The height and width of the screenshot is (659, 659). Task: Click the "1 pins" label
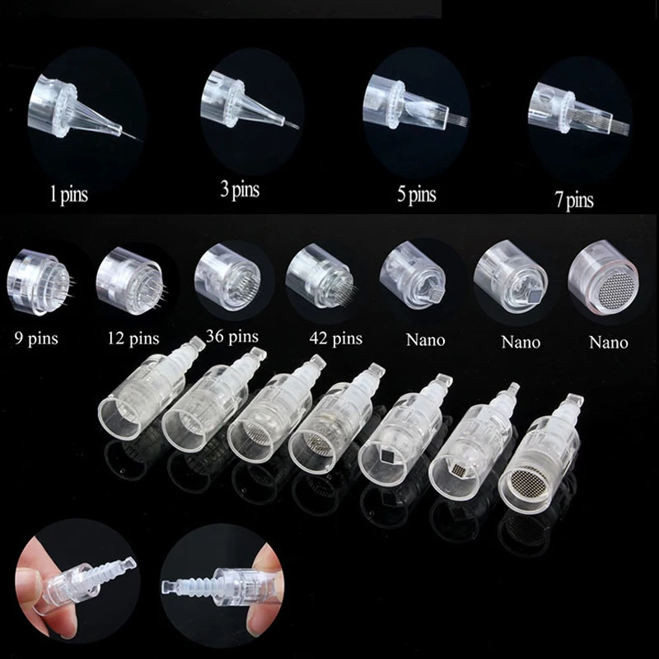click(x=68, y=195)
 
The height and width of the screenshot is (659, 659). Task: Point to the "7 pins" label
click(x=573, y=200)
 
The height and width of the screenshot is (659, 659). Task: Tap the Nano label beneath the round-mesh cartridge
click(x=608, y=342)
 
